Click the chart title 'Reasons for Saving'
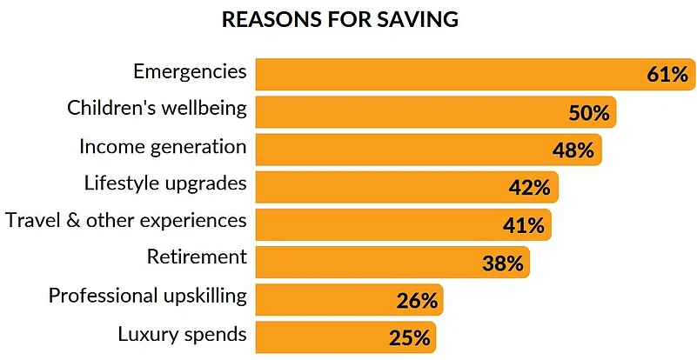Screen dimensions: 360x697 pyautogui.click(x=340, y=19)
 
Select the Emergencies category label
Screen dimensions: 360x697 pyautogui.click(x=190, y=71)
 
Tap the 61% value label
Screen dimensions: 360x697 pyautogui.click(x=667, y=75)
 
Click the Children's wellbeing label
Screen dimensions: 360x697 pyautogui.click(x=157, y=109)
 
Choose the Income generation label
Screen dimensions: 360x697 pyautogui.click(x=163, y=146)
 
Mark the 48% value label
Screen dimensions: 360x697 pyautogui.click(x=573, y=150)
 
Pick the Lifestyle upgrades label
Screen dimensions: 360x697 pyautogui.click(x=165, y=183)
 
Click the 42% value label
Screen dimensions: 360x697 pyautogui.click(x=529, y=188)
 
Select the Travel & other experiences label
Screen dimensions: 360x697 pyautogui.click(x=126, y=221)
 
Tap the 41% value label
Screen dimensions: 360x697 pyautogui.click(x=523, y=225)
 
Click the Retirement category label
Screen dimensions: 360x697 pyautogui.click(x=197, y=258)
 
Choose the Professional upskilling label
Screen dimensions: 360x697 pyautogui.click(x=148, y=296)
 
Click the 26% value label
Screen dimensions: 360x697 pyautogui.click(x=416, y=301)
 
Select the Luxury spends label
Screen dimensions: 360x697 pyautogui.click(x=182, y=333)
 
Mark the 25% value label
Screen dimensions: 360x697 pyautogui.click(x=409, y=338)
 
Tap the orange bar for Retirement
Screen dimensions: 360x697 pyautogui.click(x=365, y=262)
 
